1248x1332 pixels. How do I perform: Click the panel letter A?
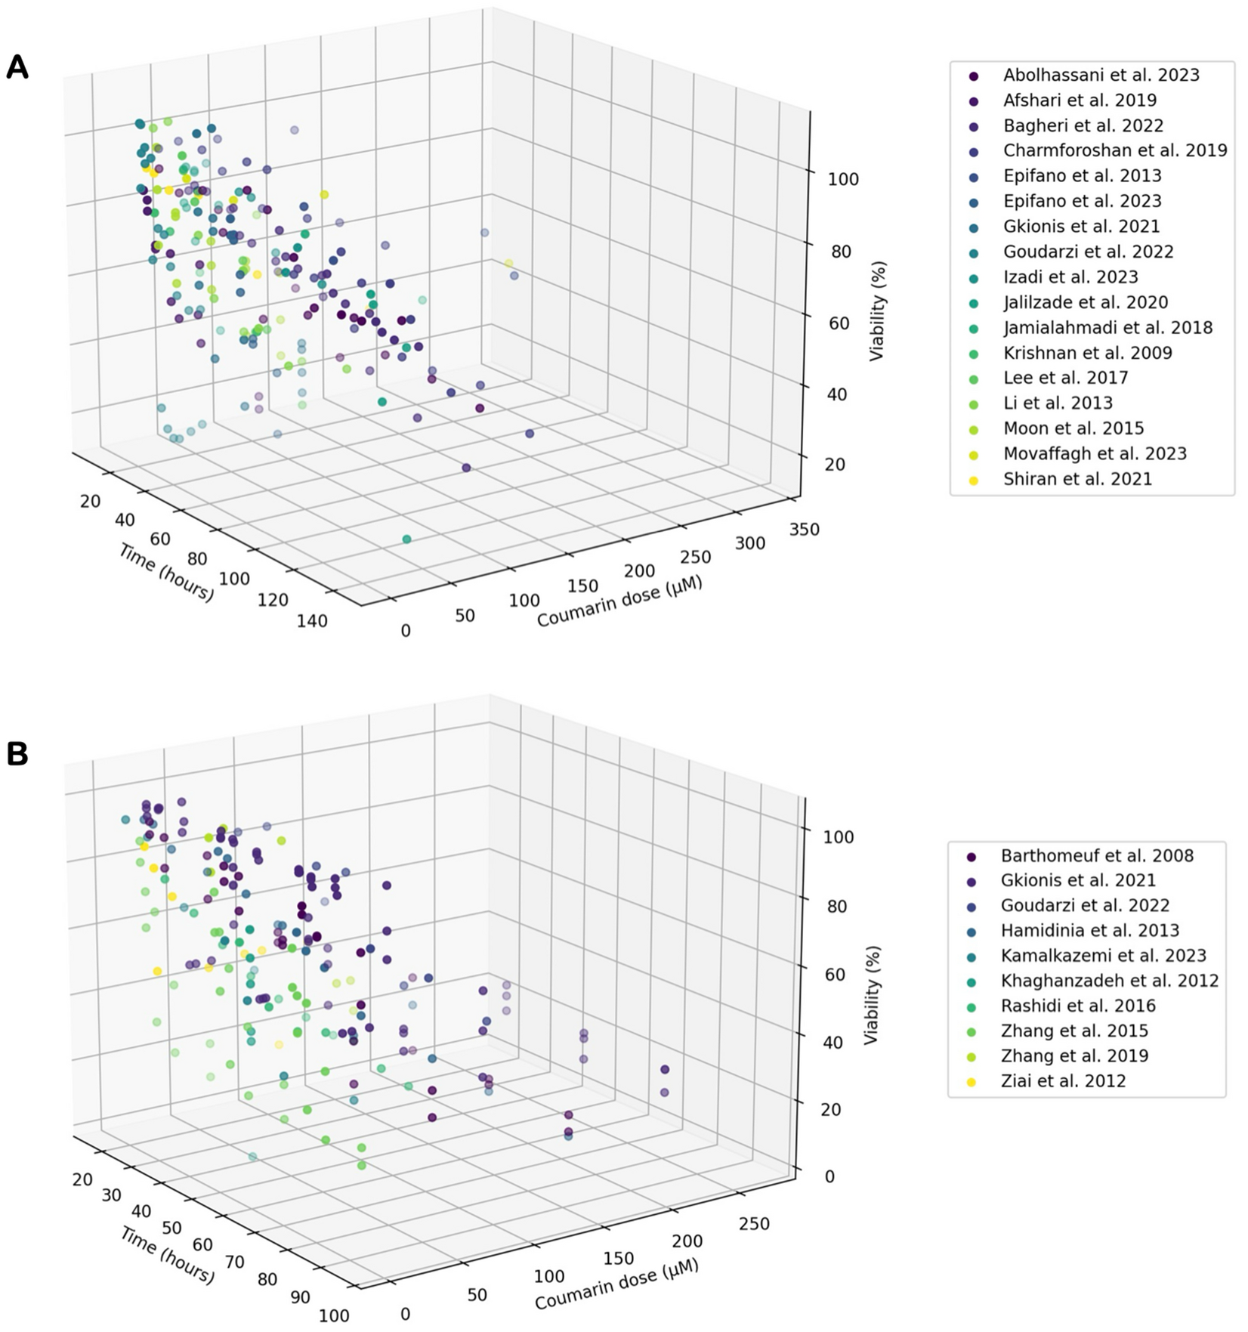coord(17,68)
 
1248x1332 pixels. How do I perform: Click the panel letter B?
coord(17,754)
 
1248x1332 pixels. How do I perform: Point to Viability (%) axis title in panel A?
coord(876,311)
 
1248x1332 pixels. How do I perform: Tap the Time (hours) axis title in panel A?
coord(166,573)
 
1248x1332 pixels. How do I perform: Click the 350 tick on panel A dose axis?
coord(803,530)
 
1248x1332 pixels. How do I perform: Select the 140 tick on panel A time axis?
coord(312,622)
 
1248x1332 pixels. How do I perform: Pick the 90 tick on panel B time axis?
coord(300,1298)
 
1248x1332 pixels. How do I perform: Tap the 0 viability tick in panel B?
coord(829,1177)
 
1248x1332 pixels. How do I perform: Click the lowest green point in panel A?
coord(406,539)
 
